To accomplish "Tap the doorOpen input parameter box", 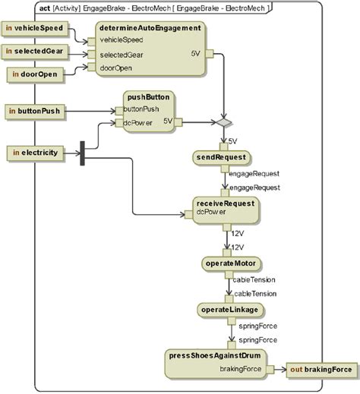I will (x=35, y=74).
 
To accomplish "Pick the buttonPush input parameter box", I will (x=36, y=111).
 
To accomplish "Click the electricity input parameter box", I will (x=35, y=153).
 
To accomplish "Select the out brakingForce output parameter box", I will (x=323, y=370).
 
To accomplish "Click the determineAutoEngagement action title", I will (x=150, y=27).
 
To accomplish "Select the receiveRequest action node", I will (x=226, y=208).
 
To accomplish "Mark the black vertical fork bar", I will (x=81, y=153).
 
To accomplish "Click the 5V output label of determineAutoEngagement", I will (x=195, y=53).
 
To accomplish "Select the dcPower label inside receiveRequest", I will (x=213, y=212).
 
